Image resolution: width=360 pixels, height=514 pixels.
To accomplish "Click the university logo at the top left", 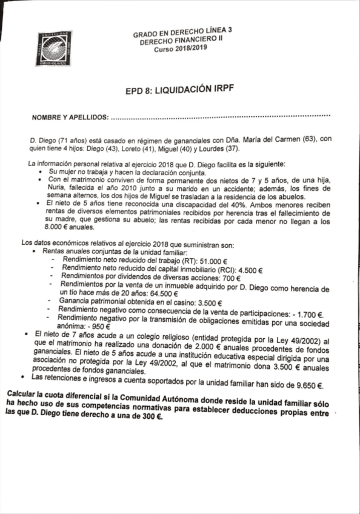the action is (x=53, y=47).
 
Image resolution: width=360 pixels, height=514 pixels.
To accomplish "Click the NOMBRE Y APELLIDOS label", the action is (x=70, y=115).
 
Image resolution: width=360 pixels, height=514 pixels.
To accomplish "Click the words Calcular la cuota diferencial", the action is (x=59, y=396).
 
